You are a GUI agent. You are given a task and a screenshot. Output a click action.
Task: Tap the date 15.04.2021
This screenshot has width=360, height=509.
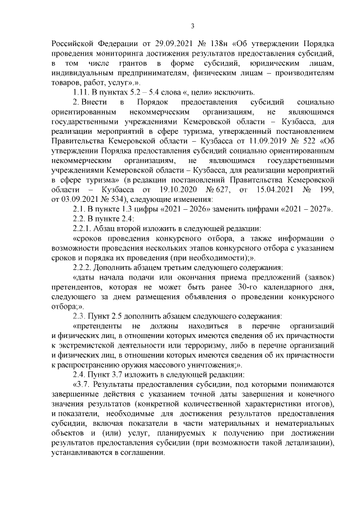coord(272,190)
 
